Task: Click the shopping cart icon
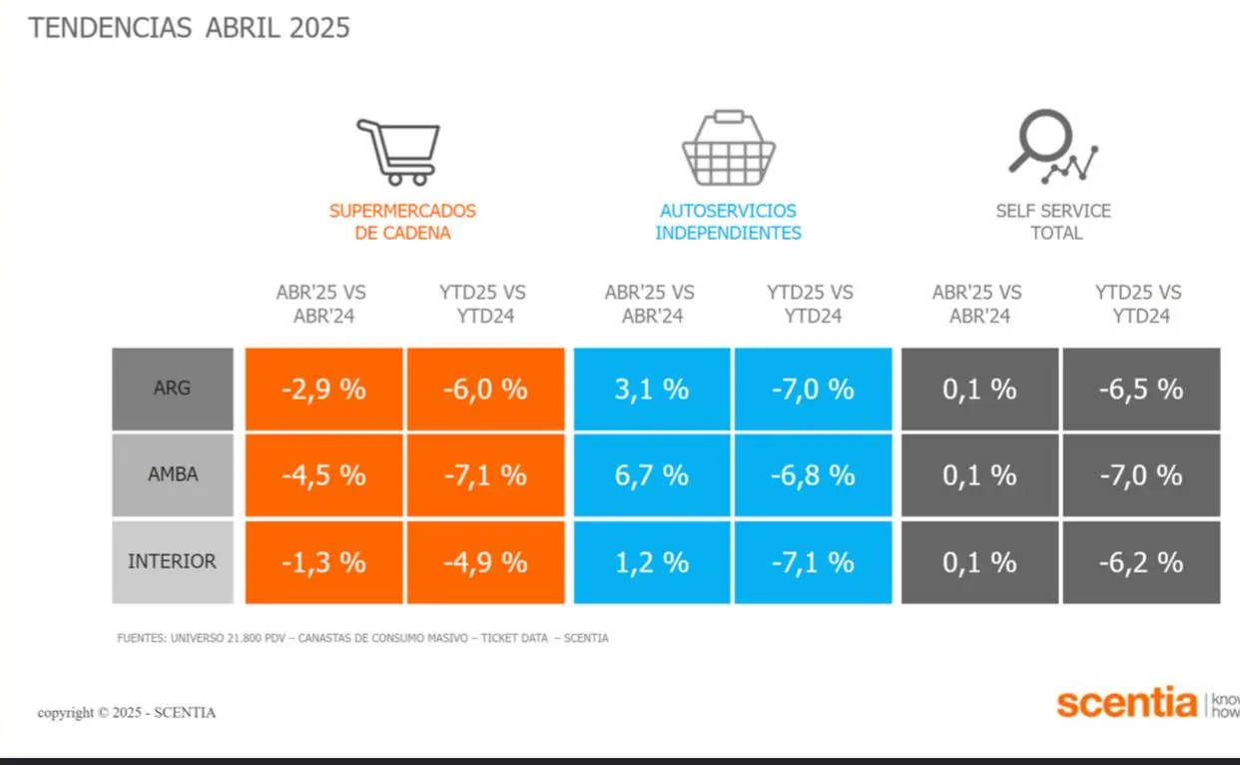click(398, 152)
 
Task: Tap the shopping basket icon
click(728, 149)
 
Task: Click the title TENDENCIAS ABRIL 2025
click(190, 28)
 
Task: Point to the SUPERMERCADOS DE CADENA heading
click(402, 222)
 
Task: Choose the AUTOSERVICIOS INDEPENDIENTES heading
click(728, 222)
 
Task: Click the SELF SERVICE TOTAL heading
click(1053, 222)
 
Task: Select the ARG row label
click(173, 388)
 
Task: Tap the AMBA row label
click(173, 474)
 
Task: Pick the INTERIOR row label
click(173, 561)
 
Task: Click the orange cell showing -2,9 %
click(323, 388)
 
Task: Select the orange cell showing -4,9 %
click(485, 561)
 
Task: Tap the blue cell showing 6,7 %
click(652, 474)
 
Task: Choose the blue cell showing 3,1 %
click(652, 388)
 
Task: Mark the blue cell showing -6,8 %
click(813, 474)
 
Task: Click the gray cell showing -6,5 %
click(1141, 388)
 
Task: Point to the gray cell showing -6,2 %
click(1141, 561)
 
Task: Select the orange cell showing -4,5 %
click(323, 474)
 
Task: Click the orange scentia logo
click(1126, 703)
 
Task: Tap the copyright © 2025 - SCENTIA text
click(127, 713)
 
